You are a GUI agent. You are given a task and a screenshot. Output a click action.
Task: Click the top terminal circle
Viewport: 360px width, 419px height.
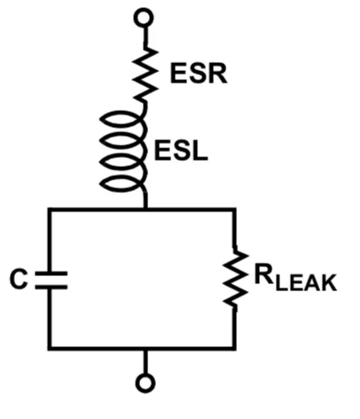click(144, 18)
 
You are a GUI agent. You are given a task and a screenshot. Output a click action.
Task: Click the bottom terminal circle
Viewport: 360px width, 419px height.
click(145, 383)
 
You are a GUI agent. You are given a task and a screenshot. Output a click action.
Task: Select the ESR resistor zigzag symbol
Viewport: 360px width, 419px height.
click(145, 74)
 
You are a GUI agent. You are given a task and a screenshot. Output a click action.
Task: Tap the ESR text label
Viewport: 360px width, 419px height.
click(199, 74)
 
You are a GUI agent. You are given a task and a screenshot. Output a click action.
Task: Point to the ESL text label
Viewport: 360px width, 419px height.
click(181, 151)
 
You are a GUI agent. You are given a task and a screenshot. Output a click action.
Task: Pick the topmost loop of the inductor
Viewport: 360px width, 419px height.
click(123, 120)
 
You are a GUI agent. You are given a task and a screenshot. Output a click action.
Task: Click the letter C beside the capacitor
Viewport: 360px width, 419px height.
click(19, 279)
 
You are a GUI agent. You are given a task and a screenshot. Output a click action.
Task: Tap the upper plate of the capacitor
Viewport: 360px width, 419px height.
click(51, 273)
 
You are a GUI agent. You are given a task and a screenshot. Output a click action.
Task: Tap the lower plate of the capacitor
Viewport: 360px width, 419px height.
click(51, 287)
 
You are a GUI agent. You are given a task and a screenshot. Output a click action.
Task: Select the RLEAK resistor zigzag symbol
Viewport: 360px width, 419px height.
click(236, 278)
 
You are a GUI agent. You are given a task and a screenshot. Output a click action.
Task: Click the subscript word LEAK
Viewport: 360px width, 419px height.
click(307, 283)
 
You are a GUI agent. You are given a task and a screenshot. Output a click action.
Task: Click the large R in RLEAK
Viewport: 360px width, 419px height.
click(264, 275)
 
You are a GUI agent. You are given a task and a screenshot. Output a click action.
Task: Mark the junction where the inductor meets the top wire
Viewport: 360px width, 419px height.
click(145, 209)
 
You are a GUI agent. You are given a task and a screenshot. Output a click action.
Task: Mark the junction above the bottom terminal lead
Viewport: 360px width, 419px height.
click(145, 348)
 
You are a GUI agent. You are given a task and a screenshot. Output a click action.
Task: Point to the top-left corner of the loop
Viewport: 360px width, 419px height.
click(50, 209)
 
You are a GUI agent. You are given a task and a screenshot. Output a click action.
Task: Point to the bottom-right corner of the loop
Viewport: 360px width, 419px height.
click(234, 348)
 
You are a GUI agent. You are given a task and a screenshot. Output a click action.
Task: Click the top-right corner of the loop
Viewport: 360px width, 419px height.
click(234, 209)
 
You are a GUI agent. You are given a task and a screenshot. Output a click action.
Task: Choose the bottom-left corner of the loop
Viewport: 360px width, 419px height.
click(50, 348)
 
